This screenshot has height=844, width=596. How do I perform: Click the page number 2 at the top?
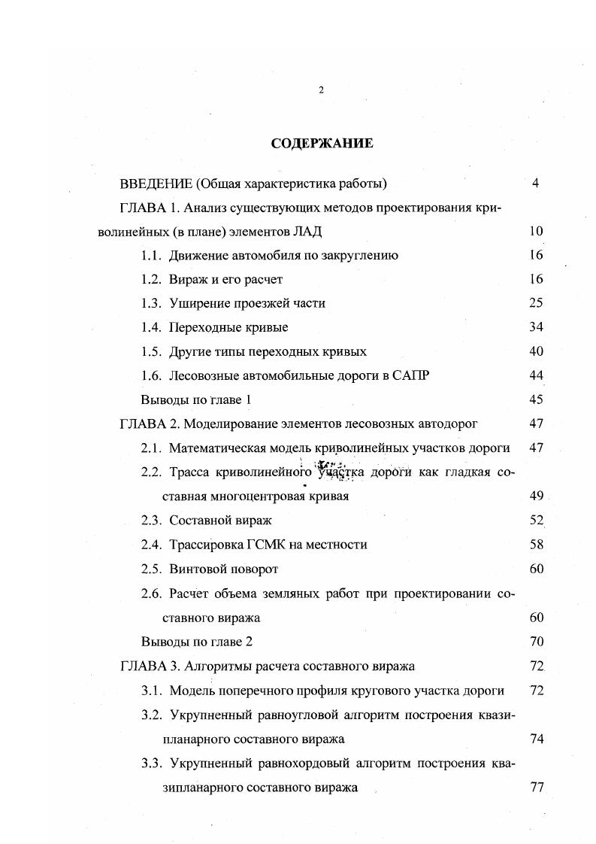pos(321,90)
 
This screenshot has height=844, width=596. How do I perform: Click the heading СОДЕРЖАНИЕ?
pos(321,143)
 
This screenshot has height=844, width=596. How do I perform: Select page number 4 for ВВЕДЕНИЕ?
pos(535,183)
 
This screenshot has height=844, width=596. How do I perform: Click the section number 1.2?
pos(151,279)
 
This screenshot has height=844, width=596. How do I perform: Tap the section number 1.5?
pos(151,351)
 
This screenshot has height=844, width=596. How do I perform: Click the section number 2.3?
pos(151,520)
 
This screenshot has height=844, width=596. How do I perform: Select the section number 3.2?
pos(151,714)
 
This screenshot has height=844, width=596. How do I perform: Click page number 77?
pos(536,788)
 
